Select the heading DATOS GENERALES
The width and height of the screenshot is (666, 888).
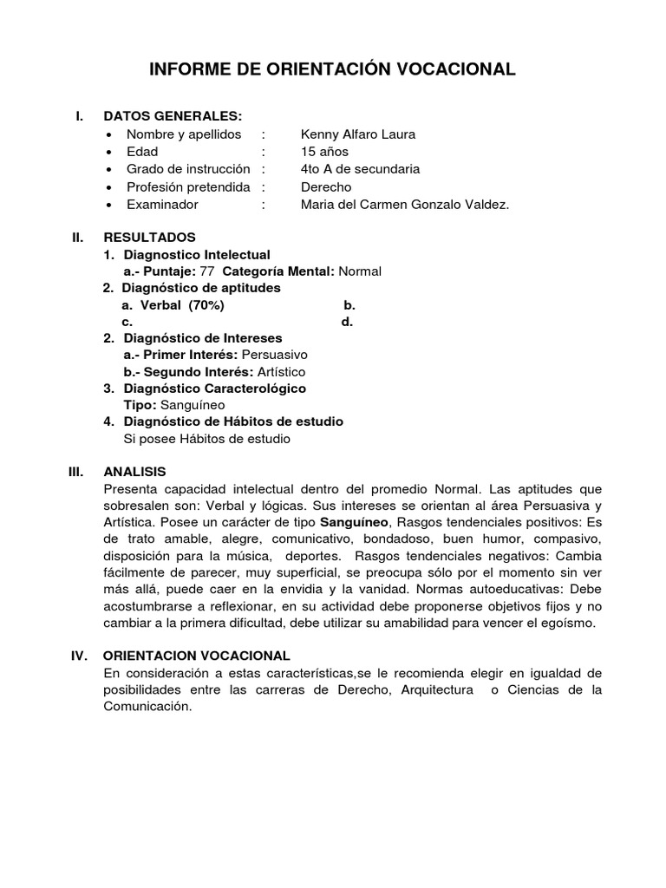coord(173,117)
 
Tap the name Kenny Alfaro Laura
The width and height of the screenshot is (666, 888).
coord(358,134)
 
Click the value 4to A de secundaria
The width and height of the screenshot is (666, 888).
coord(360,169)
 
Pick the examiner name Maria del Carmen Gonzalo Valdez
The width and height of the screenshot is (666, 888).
coord(406,205)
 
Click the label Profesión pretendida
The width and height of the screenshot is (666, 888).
coord(188,187)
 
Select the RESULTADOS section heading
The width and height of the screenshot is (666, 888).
coord(149,237)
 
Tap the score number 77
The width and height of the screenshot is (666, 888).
coord(206,271)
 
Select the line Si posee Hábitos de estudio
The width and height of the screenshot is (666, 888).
coord(208,439)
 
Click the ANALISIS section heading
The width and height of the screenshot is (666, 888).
coord(134,472)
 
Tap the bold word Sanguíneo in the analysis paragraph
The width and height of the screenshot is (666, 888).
coord(356,522)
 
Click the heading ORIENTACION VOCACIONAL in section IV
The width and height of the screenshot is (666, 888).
coord(197,656)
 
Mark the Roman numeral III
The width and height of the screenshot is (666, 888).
coord(76,472)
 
